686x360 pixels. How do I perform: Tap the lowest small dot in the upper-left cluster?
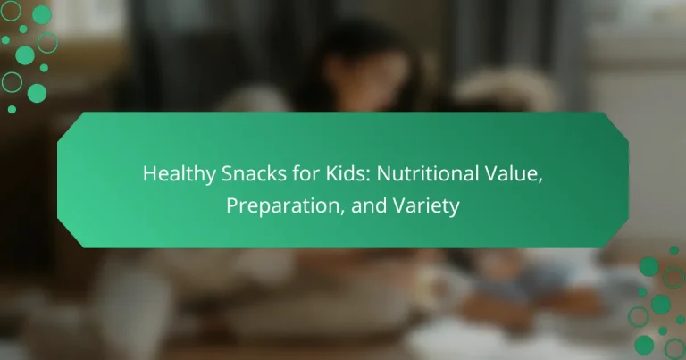12,109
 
